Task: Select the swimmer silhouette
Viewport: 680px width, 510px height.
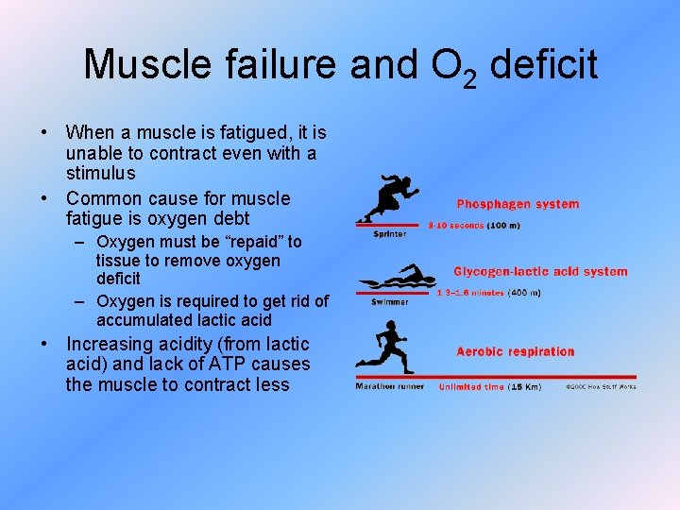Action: (396, 281)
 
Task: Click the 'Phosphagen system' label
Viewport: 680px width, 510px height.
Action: (518, 204)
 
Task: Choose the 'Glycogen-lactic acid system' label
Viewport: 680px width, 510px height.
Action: (540, 272)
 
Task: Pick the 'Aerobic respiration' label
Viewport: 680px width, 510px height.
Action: (516, 352)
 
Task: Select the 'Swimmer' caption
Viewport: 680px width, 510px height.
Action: (390, 302)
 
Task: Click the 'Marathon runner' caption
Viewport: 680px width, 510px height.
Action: (390, 387)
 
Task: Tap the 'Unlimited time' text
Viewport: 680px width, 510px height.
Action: (471, 387)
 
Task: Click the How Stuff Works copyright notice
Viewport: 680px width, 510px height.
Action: (601, 387)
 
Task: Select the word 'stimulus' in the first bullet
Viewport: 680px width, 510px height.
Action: (101, 174)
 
